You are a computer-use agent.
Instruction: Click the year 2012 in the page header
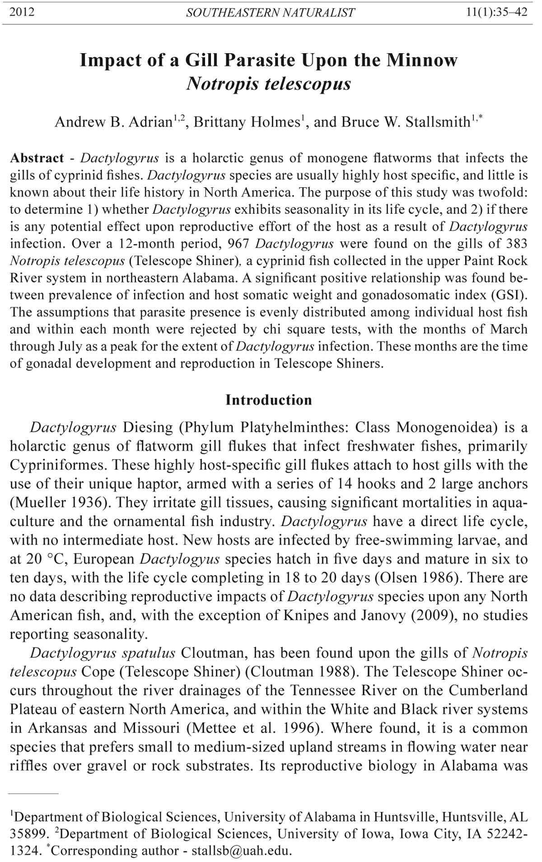pos(22,12)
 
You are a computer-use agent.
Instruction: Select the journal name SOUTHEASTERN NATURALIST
pos(270,13)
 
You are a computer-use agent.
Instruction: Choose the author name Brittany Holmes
pos(247,122)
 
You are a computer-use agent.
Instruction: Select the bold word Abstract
pos(37,158)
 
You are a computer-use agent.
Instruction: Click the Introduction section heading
pos(269,400)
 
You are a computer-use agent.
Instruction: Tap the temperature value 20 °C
pos(46,559)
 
